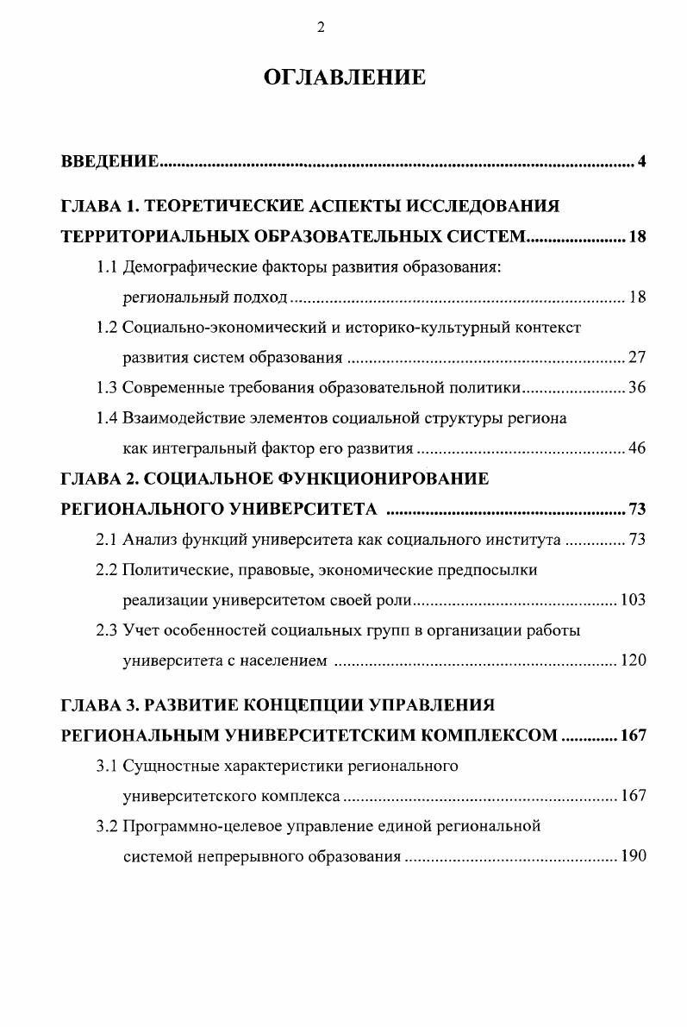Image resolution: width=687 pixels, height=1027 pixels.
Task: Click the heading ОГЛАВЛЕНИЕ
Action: tap(344, 78)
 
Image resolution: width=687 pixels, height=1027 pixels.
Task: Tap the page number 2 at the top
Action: tap(321, 28)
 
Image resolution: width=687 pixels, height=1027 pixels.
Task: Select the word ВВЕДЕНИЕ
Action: tap(109, 162)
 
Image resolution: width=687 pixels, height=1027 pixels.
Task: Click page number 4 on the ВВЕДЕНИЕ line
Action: tap(641, 162)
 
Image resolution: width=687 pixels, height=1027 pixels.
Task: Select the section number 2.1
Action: tap(107, 540)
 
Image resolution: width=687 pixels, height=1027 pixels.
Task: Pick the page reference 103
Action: tap(633, 600)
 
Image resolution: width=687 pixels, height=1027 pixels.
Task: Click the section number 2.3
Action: tap(107, 630)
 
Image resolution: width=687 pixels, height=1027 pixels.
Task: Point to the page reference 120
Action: tap(633, 661)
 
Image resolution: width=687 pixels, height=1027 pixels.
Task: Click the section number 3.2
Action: tap(107, 826)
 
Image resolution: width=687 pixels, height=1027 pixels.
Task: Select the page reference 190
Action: tap(633, 857)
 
